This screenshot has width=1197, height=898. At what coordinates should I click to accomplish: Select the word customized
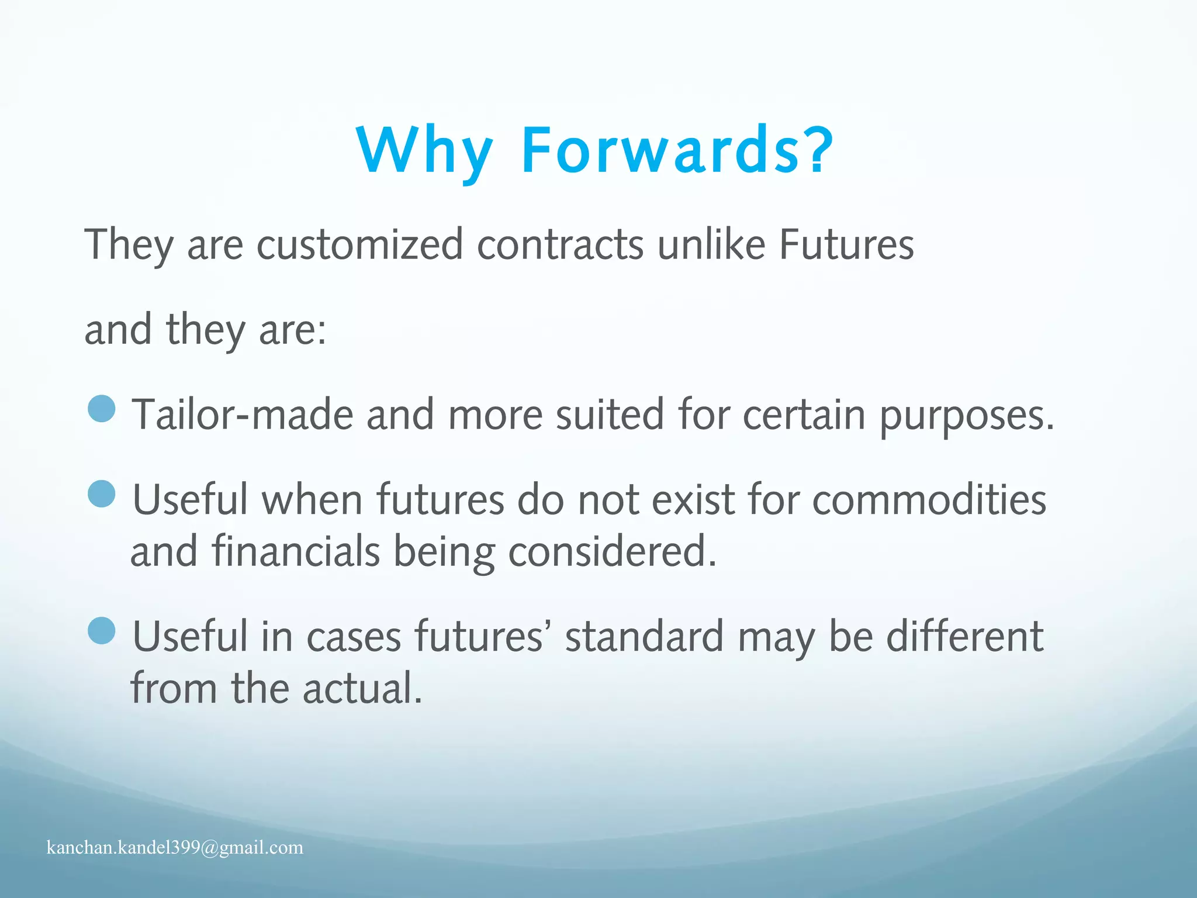click(x=360, y=244)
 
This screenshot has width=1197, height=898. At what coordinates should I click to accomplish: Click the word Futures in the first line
click(x=846, y=244)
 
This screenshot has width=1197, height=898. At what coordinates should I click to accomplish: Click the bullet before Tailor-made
click(x=102, y=409)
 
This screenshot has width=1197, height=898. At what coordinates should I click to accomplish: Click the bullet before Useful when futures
click(x=102, y=494)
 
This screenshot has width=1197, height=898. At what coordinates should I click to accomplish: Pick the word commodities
click(x=929, y=500)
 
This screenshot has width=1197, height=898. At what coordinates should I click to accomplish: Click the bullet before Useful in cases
click(x=102, y=631)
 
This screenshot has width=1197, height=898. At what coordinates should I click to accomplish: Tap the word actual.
click(x=362, y=688)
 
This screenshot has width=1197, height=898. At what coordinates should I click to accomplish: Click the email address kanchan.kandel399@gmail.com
click(x=175, y=847)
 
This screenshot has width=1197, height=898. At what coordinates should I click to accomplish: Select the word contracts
click(x=561, y=244)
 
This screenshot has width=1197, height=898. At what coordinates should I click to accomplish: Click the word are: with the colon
click(x=292, y=330)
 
